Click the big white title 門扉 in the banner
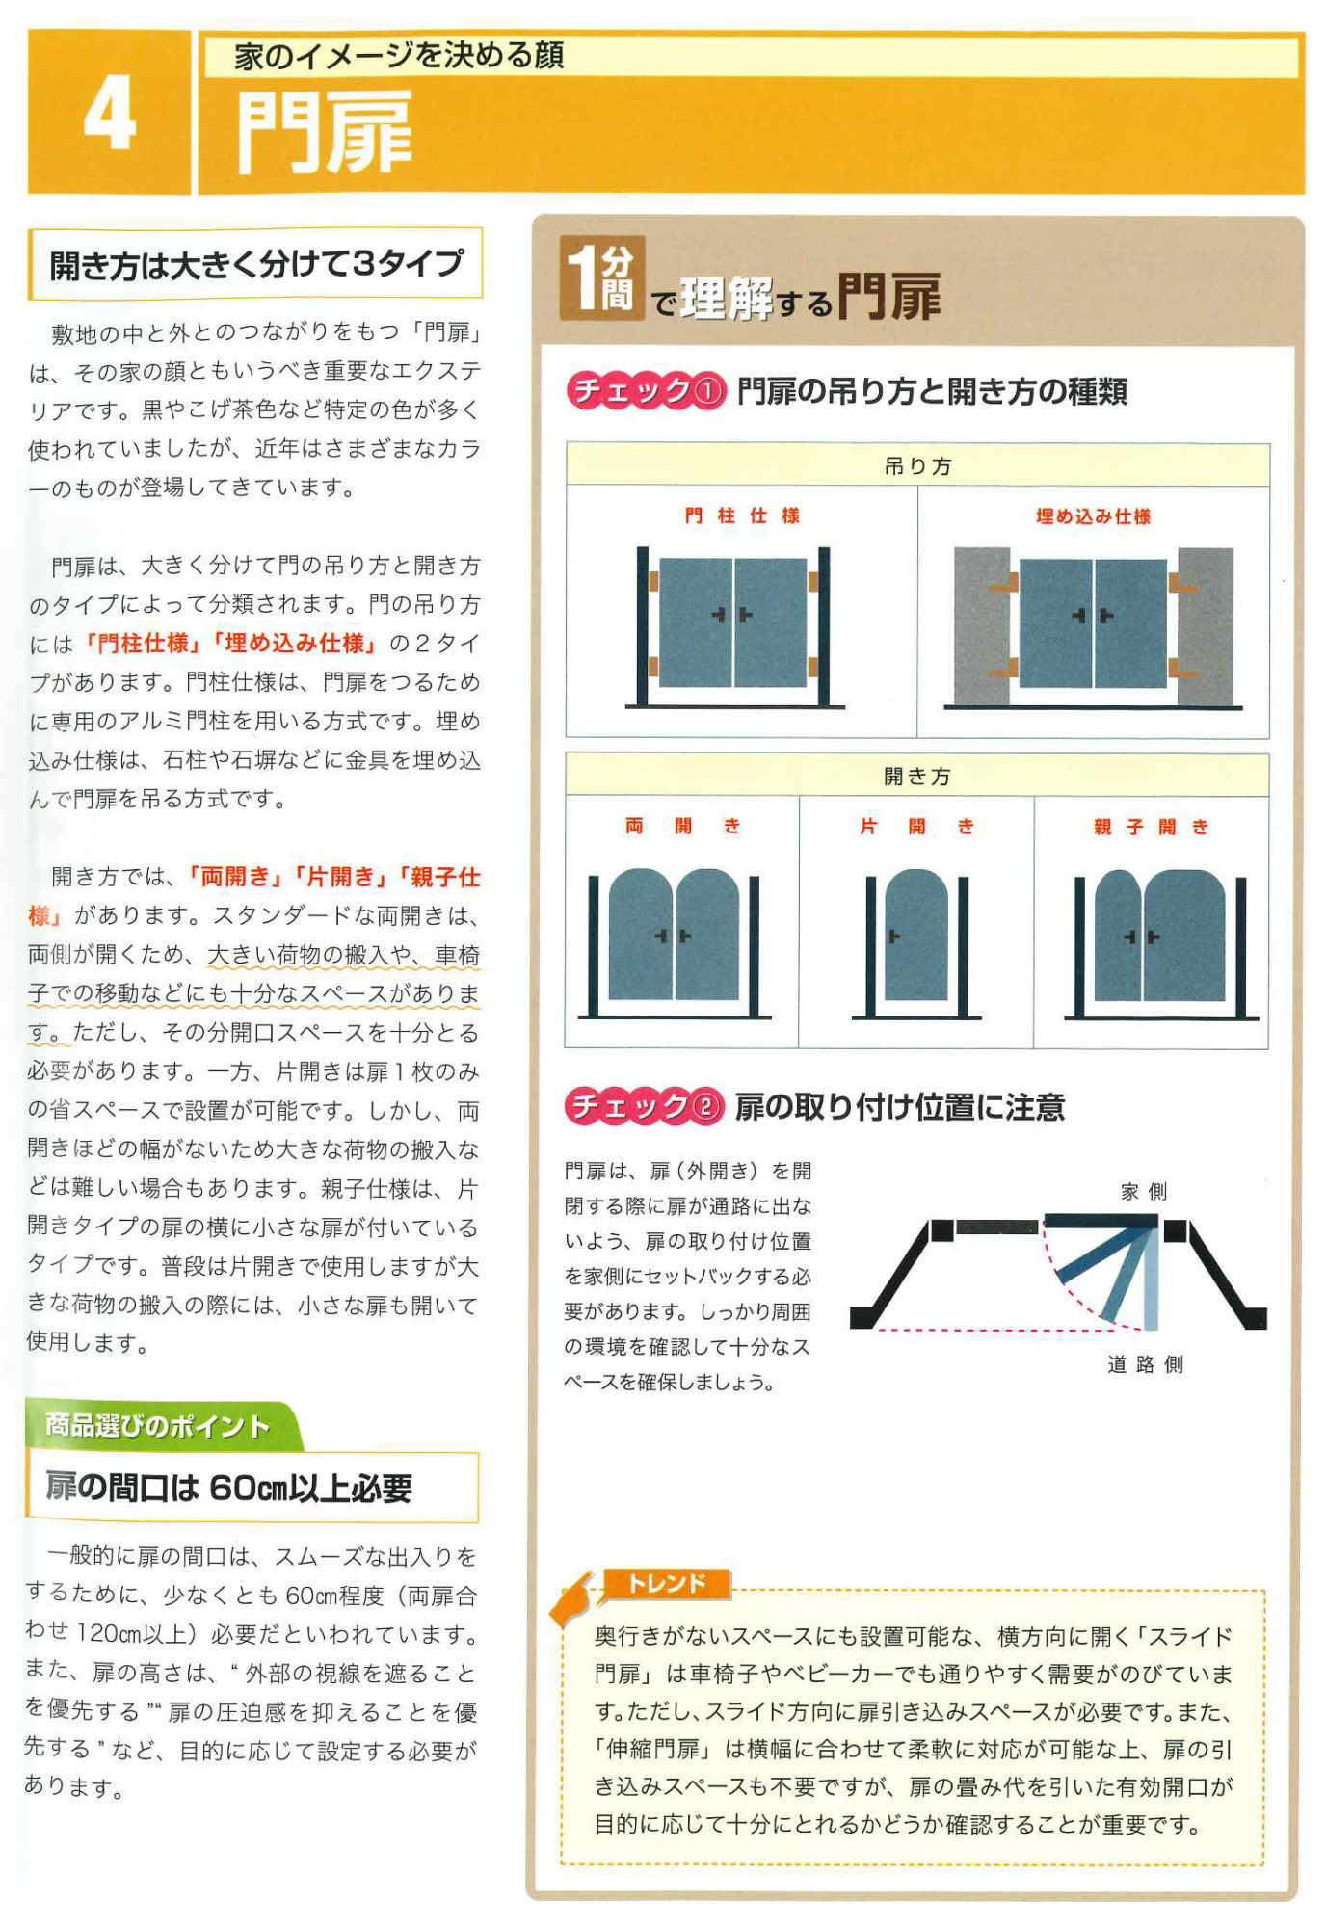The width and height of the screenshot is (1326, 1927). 324,133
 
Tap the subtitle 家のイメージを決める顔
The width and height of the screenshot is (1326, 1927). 398,57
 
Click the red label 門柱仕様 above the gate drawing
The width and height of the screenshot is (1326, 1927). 741,516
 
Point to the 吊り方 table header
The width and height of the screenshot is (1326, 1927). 917,466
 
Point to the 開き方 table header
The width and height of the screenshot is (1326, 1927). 917,777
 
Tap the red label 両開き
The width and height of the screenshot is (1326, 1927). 681,827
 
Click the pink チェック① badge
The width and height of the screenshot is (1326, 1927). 645,391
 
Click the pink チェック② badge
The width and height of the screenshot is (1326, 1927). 644,1106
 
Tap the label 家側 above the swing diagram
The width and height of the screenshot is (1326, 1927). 1143,1192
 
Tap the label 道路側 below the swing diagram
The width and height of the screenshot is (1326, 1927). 1144,1364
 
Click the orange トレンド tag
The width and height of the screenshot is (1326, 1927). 666,1583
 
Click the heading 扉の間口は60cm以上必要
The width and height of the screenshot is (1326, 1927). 229,1488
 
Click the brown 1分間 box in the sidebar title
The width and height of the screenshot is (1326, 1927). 602,280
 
